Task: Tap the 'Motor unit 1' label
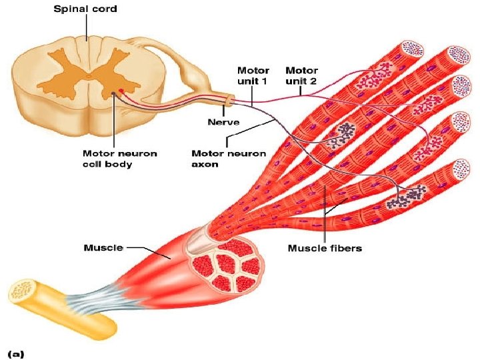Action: pos(253,75)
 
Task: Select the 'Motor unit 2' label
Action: pos(301,75)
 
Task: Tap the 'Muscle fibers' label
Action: pos(325,249)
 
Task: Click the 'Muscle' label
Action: pos(103,248)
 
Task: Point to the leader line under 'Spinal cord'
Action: pos(86,26)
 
